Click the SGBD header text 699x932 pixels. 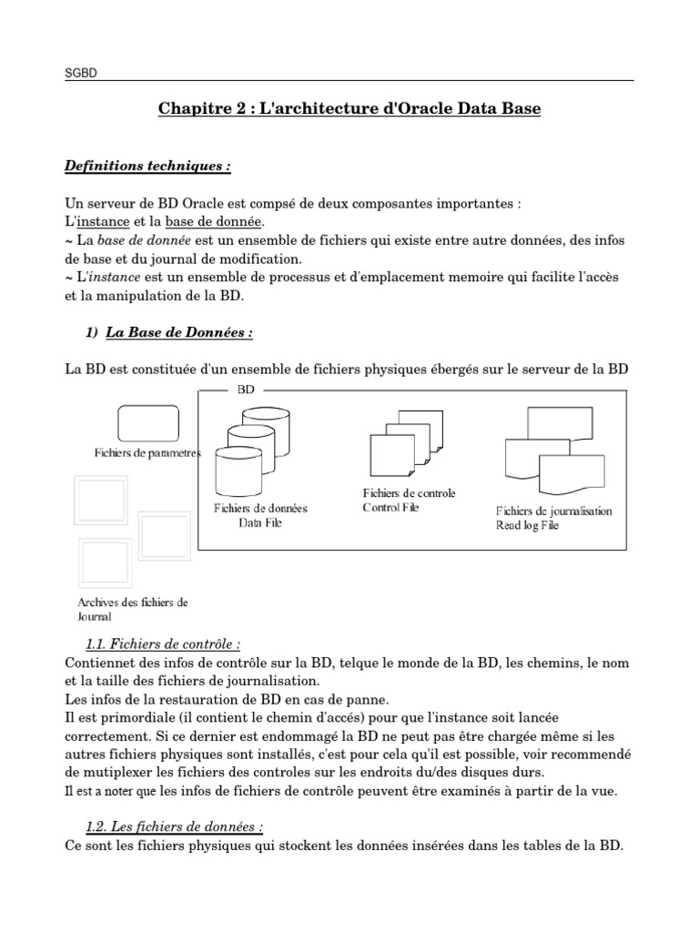pyautogui.click(x=80, y=72)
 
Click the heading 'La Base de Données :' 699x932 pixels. pyautogui.click(x=178, y=333)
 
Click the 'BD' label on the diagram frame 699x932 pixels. pyautogui.click(x=246, y=389)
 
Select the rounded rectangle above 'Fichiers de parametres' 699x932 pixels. pyautogui.click(x=146, y=422)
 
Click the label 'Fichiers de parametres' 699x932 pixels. pyautogui.click(x=147, y=453)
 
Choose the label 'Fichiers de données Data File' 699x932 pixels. pyautogui.click(x=259, y=516)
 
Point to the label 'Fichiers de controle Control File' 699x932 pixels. pyautogui.click(x=409, y=500)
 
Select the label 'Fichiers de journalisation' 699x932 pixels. pyautogui.click(x=553, y=511)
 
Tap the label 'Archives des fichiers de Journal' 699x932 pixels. pyautogui.click(x=133, y=609)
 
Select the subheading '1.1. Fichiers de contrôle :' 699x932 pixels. pyautogui.click(x=163, y=644)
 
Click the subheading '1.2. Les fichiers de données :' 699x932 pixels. pyautogui.click(x=174, y=826)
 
